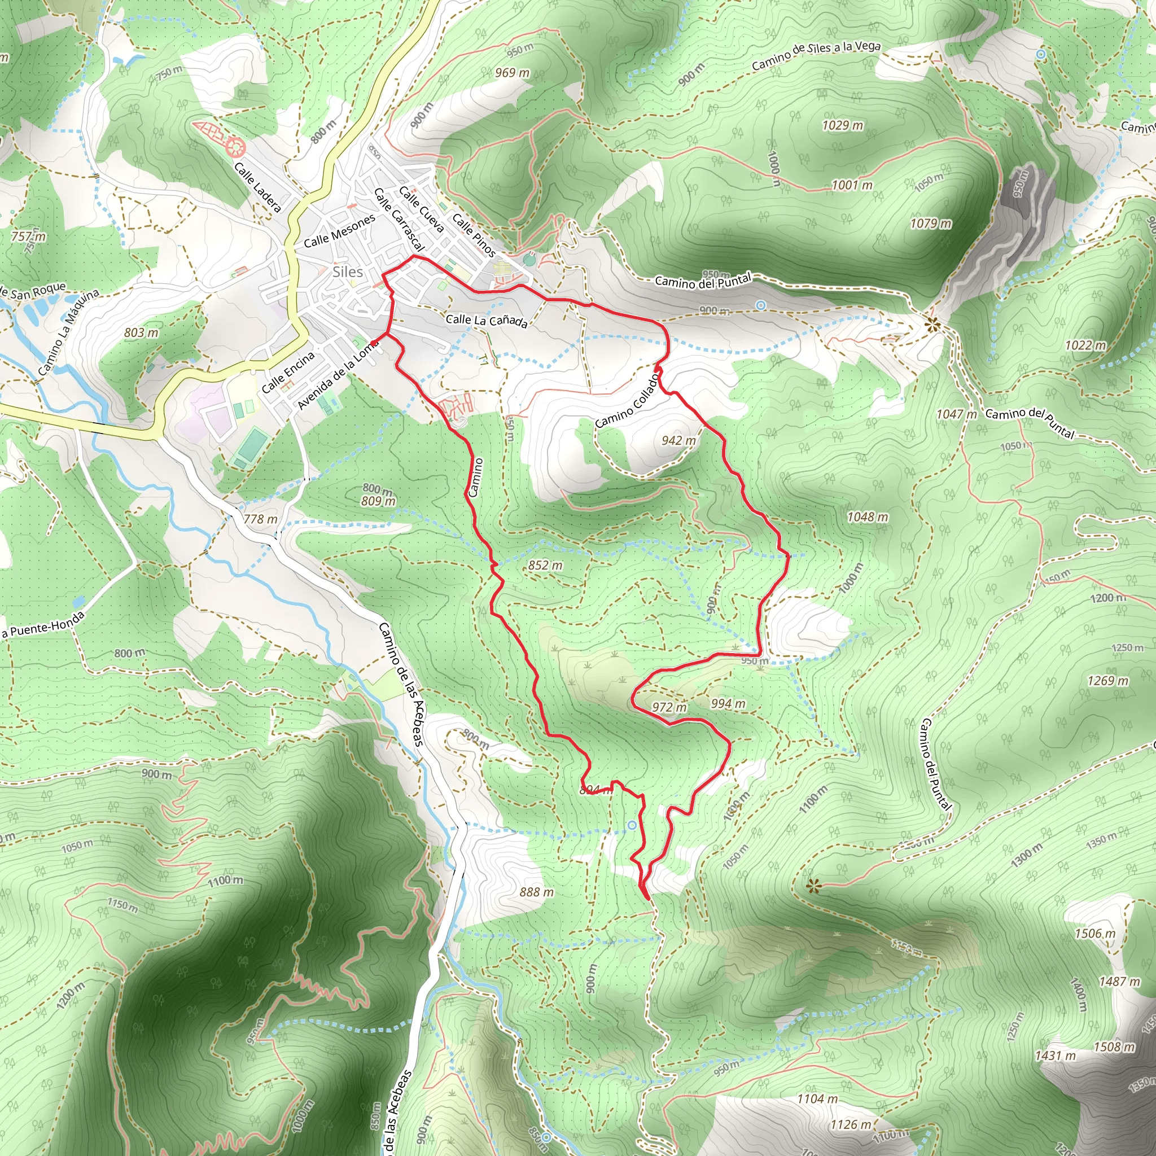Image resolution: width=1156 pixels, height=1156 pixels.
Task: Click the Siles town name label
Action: [x=348, y=272]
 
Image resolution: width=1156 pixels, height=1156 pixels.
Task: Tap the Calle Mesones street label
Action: [x=339, y=231]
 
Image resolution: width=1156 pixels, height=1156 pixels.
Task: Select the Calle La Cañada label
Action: [x=487, y=321]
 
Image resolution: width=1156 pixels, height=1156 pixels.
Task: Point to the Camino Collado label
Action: [x=627, y=401]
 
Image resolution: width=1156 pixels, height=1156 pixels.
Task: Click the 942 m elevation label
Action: [x=678, y=440]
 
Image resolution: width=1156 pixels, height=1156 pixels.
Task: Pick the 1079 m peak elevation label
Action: [x=930, y=224]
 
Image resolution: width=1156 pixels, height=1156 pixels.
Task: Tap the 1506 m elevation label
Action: [x=1095, y=934]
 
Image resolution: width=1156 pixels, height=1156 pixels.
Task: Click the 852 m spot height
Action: [x=545, y=566]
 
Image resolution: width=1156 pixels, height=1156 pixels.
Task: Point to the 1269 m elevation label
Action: [x=1108, y=680]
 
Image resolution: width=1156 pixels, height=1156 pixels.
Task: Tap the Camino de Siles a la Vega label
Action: [x=816, y=55]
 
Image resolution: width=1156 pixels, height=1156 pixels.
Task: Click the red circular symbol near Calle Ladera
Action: [x=235, y=146]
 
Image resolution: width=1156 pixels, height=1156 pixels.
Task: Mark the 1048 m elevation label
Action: [x=868, y=517]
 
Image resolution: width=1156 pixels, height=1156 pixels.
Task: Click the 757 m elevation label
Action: [x=28, y=237]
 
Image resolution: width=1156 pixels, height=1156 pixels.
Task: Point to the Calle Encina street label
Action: [x=288, y=372]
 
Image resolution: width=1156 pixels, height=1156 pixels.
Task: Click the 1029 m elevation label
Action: [x=843, y=125]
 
